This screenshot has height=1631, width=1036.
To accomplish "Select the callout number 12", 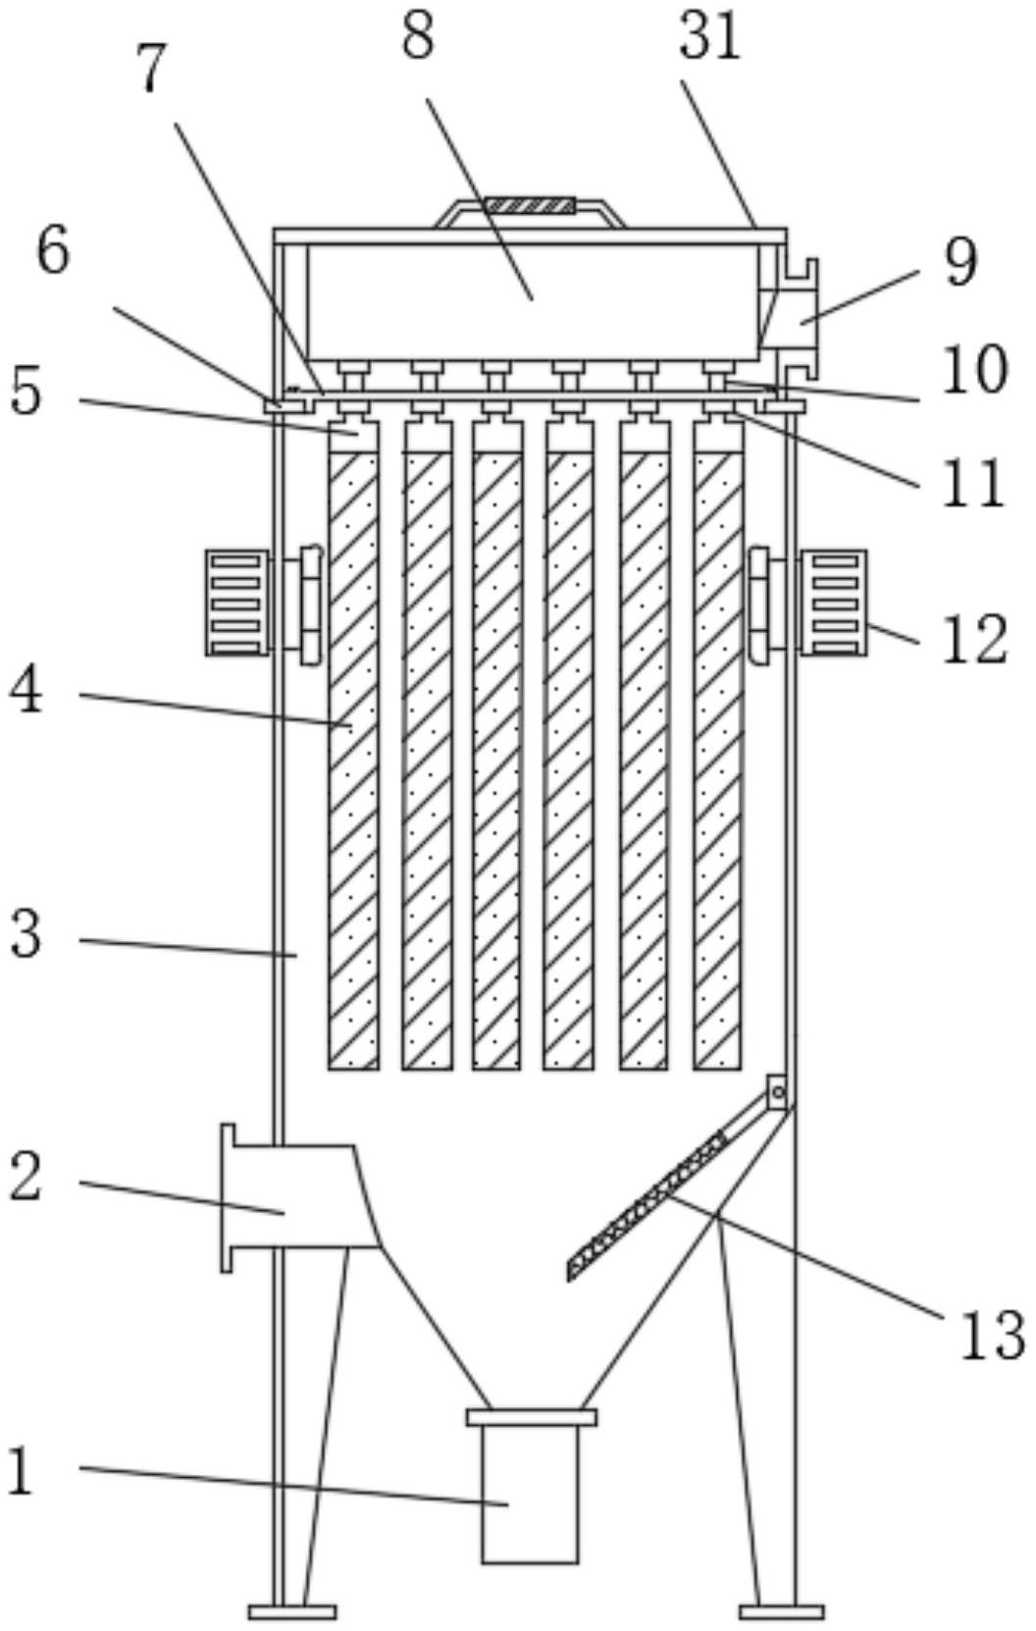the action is tap(975, 639).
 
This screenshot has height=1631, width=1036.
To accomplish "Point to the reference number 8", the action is tap(419, 37).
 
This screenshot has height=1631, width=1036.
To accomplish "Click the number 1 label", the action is tap(22, 1472).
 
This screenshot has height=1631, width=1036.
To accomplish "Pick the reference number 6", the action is tap(53, 250).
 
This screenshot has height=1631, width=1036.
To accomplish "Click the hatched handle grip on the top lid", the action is tap(530, 204).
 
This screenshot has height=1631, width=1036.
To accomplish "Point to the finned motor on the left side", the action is tap(236, 604).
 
